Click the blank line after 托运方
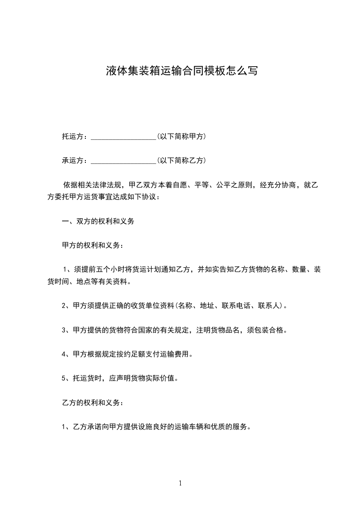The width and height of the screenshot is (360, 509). tap(123, 137)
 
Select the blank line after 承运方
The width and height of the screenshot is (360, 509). tap(123, 161)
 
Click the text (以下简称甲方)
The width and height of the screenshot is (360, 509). tap(181, 136)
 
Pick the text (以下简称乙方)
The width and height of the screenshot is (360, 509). tap(181, 160)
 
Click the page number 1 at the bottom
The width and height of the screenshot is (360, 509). tap(180, 483)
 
